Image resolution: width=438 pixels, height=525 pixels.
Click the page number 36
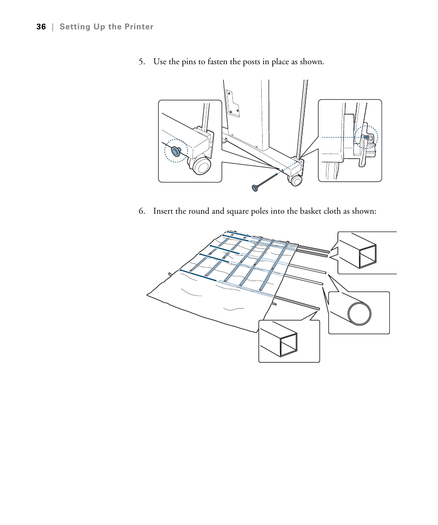[41, 27]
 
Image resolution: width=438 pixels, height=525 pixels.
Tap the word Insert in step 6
[163, 211]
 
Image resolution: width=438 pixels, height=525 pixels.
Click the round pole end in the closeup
[359, 314]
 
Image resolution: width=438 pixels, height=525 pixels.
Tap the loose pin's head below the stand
[254, 187]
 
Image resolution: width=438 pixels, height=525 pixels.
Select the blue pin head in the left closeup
[175, 150]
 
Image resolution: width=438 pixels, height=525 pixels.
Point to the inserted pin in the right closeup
[366, 137]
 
